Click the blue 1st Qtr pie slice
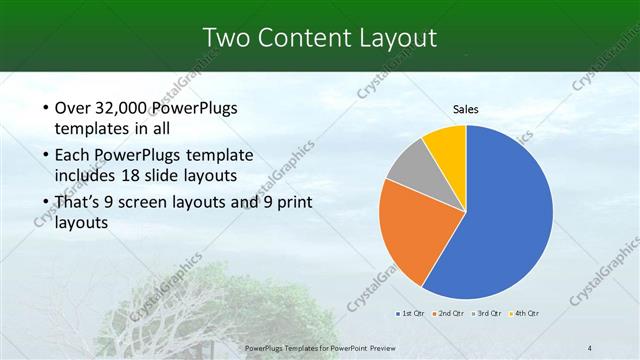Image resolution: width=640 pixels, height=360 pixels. point(510,215)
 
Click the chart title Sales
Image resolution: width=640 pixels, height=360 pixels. point(466,110)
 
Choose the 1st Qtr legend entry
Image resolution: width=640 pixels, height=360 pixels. point(410,314)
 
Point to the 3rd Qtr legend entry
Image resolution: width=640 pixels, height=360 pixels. point(485,314)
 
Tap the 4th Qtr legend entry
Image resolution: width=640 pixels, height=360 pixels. point(524,314)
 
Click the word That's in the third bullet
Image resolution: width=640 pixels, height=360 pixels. point(80,203)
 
